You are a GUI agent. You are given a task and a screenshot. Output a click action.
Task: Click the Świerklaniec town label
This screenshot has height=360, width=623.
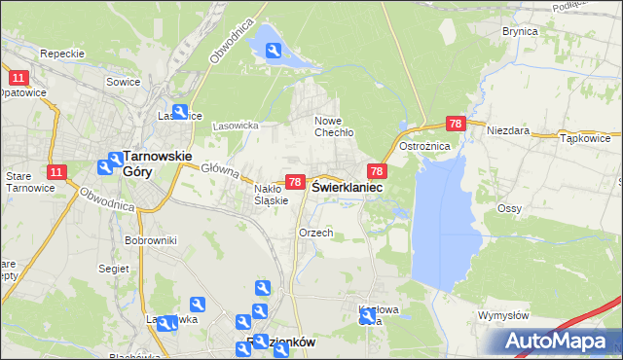347,187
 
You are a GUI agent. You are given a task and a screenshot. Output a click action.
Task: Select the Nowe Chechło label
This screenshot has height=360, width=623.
333,126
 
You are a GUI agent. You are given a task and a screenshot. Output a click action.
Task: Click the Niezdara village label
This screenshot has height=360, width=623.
507,129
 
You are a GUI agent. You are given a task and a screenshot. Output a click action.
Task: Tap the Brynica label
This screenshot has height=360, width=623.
520,31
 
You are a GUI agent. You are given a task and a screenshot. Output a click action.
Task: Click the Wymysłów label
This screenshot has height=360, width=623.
503,315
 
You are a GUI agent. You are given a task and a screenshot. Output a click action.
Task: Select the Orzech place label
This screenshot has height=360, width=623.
316,234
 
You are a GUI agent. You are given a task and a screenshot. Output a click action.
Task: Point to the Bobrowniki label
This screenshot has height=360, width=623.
150,239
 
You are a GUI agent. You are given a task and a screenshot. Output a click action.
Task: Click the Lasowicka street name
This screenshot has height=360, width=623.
235,126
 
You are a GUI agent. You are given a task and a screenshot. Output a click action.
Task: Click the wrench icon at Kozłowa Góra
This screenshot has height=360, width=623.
367,316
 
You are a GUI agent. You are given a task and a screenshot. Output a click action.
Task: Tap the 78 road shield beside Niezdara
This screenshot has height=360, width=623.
456,124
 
